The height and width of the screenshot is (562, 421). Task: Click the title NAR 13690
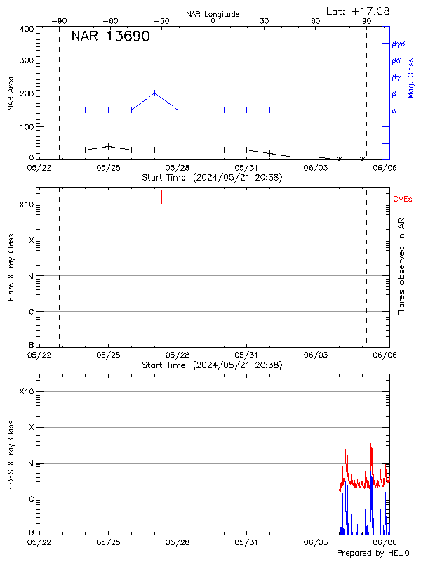[110, 37]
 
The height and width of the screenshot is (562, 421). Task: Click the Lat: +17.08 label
[359, 11]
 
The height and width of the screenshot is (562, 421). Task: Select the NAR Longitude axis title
[213, 14]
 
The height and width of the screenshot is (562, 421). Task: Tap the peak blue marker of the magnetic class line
[155, 93]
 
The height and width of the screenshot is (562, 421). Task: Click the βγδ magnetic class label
[398, 44]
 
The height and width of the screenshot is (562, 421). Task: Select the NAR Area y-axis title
[11, 93]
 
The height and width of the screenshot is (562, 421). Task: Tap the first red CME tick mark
[161, 197]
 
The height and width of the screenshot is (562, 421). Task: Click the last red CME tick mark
[288, 197]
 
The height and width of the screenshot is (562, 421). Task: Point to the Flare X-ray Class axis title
[11, 267]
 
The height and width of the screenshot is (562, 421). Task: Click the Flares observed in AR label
[401, 267]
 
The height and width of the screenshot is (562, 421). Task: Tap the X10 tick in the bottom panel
[27, 391]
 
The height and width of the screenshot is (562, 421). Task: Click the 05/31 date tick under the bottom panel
[247, 542]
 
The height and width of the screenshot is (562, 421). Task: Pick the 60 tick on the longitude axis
[316, 22]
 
